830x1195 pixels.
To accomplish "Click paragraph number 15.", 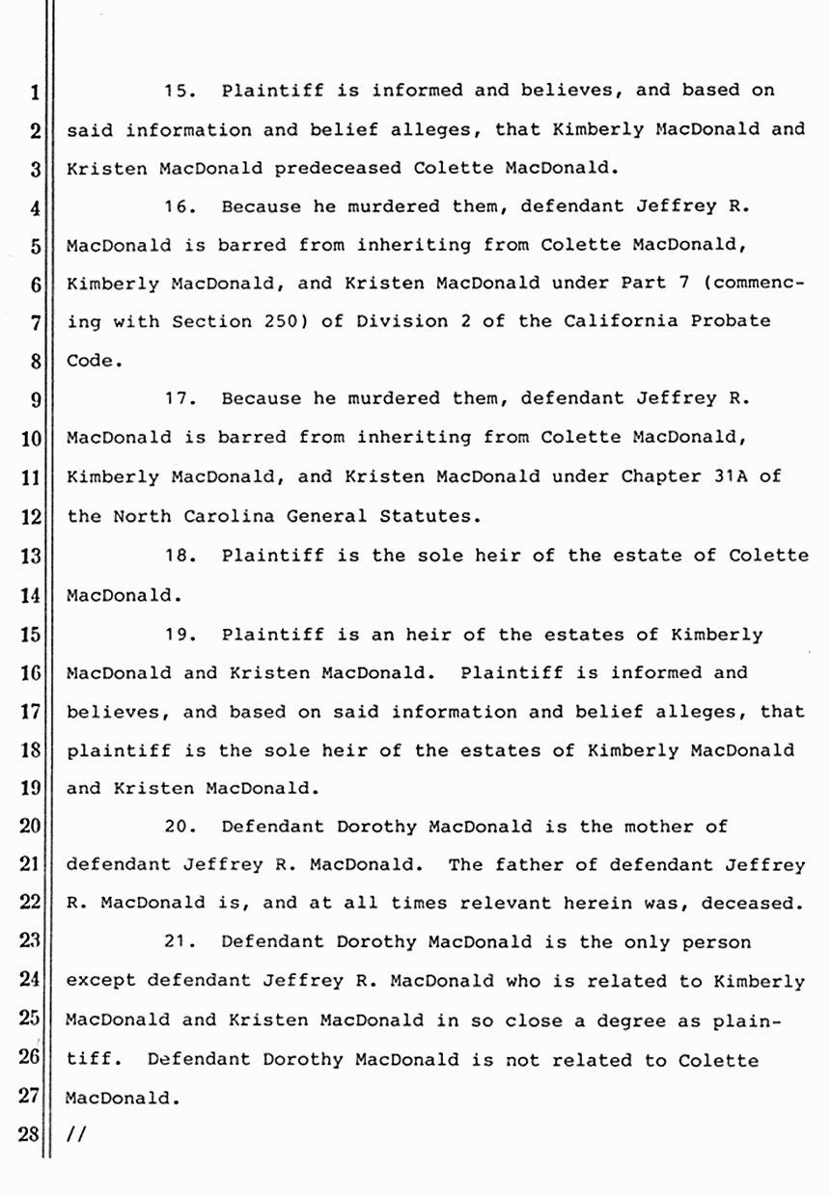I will (x=180, y=93).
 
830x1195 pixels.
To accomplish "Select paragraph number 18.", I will (x=180, y=557).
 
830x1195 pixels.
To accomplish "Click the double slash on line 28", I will (x=72, y=1135).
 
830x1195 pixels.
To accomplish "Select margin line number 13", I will (x=33, y=557).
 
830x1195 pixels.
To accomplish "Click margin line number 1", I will (x=36, y=94).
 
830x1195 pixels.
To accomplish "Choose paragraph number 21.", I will (x=180, y=942).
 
